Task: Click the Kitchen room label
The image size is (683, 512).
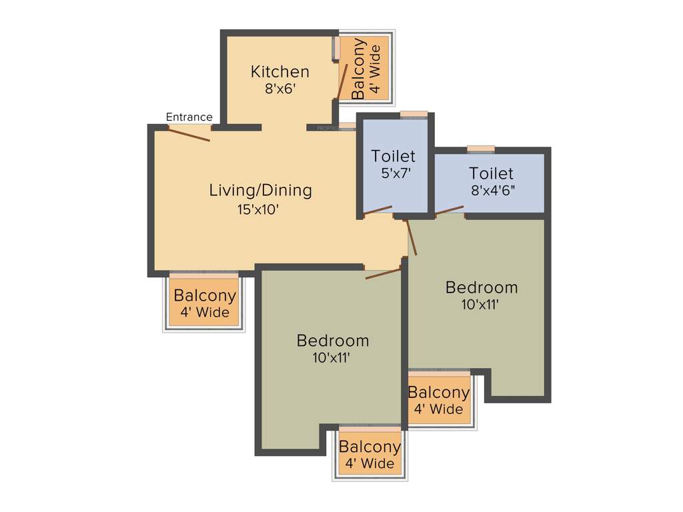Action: (279, 71)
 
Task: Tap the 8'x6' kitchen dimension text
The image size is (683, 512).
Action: (279, 89)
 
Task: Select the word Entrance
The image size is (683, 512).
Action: (189, 117)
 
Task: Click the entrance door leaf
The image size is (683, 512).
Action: (189, 134)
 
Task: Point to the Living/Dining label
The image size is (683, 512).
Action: (260, 190)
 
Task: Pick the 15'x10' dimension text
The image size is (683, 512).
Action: (253, 209)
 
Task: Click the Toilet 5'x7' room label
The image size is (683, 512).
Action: (393, 156)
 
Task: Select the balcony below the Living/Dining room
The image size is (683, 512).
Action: (204, 303)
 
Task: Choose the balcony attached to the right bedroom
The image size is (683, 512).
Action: (438, 401)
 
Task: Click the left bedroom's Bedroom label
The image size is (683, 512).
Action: (333, 341)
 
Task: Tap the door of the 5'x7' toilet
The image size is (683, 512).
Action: (378, 211)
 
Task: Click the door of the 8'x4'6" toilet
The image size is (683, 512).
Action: (450, 211)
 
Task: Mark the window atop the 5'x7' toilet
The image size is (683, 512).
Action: (414, 114)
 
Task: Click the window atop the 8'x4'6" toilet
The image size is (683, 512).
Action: (481, 149)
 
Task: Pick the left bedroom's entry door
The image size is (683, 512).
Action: (383, 272)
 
